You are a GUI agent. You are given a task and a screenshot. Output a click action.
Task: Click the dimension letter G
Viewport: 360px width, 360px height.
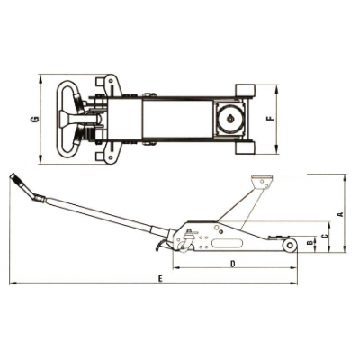(35, 120)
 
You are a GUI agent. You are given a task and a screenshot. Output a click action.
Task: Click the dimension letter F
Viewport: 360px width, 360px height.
(271, 119)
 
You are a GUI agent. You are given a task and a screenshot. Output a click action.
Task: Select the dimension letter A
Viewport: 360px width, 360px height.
(340, 214)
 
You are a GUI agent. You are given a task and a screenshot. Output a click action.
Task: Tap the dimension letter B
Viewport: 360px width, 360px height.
(310, 243)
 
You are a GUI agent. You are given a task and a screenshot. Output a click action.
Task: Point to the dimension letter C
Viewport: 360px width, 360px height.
(324, 237)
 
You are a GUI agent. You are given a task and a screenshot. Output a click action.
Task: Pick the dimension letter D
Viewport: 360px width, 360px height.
(232, 264)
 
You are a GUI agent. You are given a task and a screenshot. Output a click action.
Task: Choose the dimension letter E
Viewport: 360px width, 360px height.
(160, 279)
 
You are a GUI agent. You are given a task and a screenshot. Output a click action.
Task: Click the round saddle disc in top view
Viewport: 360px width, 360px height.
(230, 119)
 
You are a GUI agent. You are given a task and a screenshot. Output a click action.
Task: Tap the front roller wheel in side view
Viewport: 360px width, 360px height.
(290, 245)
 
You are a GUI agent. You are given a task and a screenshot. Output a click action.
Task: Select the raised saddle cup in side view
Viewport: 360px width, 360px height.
(262, 183)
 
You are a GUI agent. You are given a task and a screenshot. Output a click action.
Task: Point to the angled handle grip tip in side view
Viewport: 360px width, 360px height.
(13, 175)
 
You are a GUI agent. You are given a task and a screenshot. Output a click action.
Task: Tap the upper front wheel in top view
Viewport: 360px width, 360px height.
(245, 90)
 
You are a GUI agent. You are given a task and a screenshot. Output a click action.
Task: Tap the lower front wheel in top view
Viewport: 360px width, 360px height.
(245, 148)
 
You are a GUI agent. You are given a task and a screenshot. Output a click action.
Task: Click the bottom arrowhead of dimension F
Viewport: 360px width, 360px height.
(278, 150)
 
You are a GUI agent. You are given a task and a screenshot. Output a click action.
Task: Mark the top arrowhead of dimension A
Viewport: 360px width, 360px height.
(346, 178)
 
